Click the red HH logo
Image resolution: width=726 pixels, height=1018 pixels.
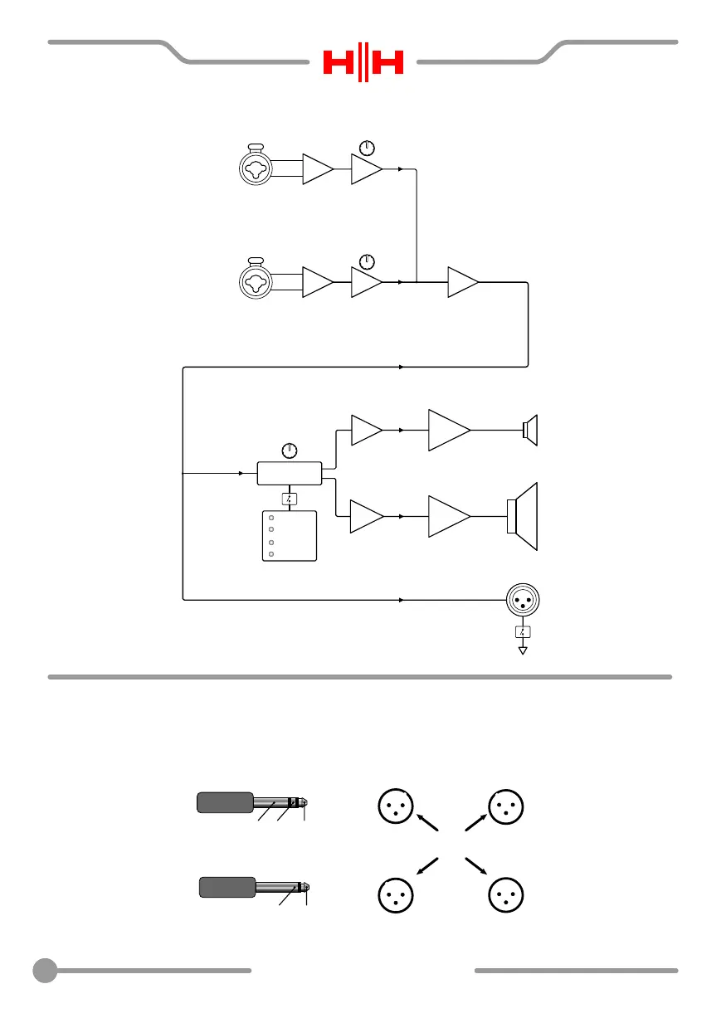(x=363, y=62)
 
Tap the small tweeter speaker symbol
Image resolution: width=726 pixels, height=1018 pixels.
(x=529, y=430)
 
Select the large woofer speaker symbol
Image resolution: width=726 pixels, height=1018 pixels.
(x=523, y=516)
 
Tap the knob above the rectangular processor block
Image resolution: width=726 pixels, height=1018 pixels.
(x=289, y=451)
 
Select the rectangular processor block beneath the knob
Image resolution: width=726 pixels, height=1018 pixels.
(x=289, y=474)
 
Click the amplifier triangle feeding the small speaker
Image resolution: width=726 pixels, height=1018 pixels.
(x=448, y=430)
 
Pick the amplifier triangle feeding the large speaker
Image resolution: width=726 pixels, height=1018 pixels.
(x=448, y=516)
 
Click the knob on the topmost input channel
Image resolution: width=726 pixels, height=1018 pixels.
(x=368, y=149)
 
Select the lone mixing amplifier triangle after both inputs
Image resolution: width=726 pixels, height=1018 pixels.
(x=461, y=283)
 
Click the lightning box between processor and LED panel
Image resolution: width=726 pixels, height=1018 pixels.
(x=289, y=499)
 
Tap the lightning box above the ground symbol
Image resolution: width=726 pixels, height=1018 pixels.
(x=523, y=632)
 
